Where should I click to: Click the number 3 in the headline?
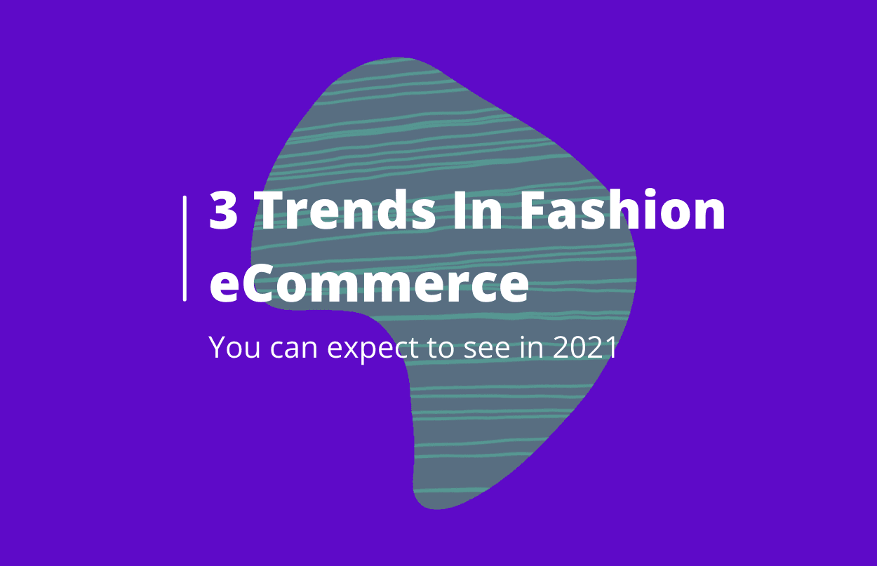coord(224,210)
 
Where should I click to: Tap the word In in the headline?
coord(477,210)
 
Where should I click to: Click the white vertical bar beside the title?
coord(185,248)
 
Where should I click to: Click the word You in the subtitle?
coord(234,346)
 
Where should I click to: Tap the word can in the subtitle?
coord(294,348)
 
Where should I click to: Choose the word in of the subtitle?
coord(532,346)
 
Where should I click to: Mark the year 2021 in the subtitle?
coord(585,346)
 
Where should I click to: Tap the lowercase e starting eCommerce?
coord(225,288)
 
